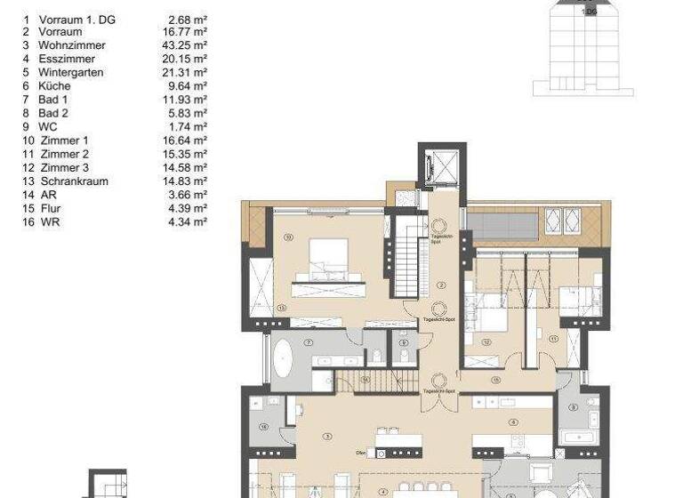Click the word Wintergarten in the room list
(x=70, y=72)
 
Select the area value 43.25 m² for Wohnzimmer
(x=187, y=44)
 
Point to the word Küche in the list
(x=55, y=85)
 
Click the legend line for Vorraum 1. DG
(x=79, y=18)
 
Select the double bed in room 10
(x=326, y=264)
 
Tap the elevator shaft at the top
(x=439, y=165)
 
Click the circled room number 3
(x=328, y=436)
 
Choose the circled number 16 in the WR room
(x=264, y=428)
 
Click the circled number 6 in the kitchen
(x=513, y=423)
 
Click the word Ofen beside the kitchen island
(x=361, y=452)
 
